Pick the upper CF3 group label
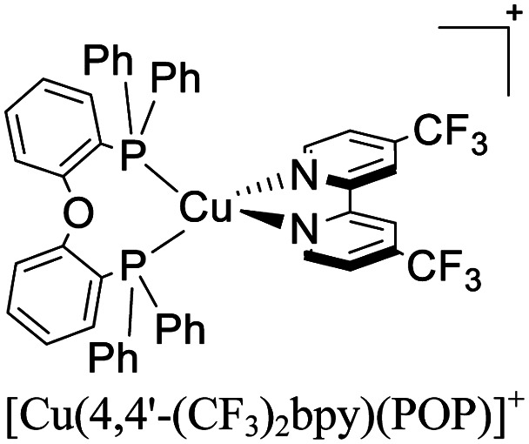(450, 140)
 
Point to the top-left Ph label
(106, 63)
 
